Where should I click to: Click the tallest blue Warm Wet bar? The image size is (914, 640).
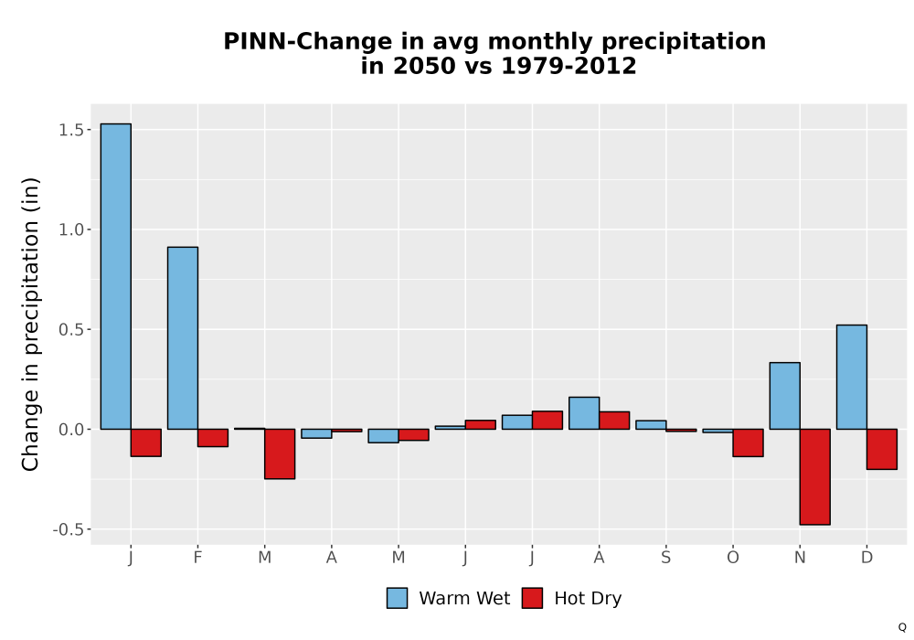[x=115, y=276]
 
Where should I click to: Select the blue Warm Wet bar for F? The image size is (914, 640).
[x=183, y=338]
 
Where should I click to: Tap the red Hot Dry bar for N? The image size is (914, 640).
[x=815, y=476]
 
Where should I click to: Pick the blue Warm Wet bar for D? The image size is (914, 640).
[x=852, y=377]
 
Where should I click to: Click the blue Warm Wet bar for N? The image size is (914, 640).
[x=784, y=396]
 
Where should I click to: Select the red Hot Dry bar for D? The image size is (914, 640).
[x=882, y=449]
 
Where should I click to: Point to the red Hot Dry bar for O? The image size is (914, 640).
[x=748, y=443]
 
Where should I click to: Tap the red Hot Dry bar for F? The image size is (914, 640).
[x=213, y=438]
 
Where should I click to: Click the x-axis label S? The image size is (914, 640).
[x=665, y=558]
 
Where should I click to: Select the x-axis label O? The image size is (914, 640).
[x=733, y=558]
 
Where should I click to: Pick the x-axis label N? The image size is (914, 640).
[x=800, y=558]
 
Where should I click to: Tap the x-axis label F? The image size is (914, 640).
[x=197, y=558]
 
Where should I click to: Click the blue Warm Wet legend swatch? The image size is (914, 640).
[x=397, y=598]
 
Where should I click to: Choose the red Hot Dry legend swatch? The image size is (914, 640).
[x=532, y=598]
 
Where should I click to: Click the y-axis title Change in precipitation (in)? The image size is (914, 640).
[x=30, y=324]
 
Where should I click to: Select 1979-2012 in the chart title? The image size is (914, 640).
[x=569, y=66]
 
